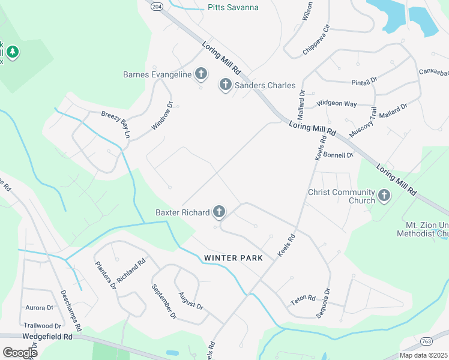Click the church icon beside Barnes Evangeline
201,74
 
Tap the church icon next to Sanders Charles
226,85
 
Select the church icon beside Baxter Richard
219,212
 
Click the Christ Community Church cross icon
384,195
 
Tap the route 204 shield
157,6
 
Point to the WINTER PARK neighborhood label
234,258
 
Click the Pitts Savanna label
233,8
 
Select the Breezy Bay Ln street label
116,124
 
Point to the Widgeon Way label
336,104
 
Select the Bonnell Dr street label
338,155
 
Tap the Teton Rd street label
303,298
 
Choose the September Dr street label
163,301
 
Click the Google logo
20,352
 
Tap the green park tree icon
13,52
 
